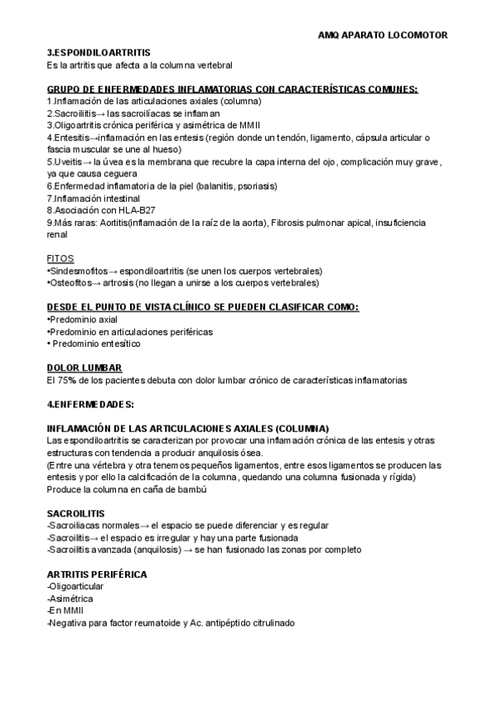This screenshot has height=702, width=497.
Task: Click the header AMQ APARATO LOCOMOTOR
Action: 383,36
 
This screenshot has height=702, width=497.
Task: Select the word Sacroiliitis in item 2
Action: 74,113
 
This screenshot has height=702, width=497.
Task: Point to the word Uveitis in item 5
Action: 67,162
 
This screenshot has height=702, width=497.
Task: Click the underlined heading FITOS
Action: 61,258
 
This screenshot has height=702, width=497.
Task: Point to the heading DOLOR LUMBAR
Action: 84,368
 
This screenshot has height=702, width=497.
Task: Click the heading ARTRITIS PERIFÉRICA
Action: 98,574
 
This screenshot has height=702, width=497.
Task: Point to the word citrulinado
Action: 265,623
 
